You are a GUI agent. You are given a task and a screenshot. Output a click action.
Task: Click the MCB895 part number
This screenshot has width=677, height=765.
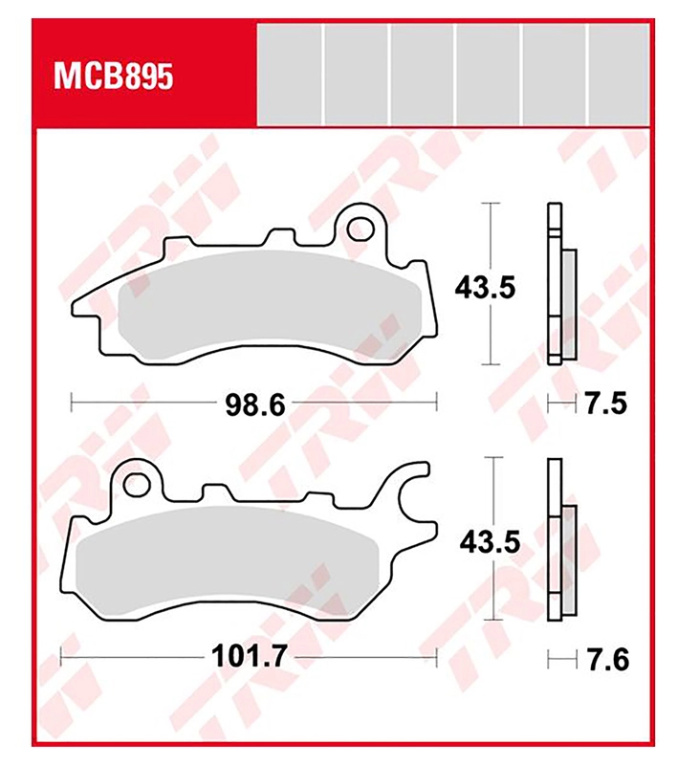coord(113,76)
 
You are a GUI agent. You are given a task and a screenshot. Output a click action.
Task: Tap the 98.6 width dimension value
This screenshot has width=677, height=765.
coord(255,404)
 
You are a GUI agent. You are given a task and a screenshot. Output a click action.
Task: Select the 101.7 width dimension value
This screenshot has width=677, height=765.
coord(249,657)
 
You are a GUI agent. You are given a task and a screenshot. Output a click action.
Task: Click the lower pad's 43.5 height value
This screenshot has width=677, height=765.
coord(490,542)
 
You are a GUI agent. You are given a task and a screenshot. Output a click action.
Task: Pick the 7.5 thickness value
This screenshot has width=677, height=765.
coord(606,404)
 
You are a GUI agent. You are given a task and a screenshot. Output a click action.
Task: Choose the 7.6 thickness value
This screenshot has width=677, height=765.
coord(608,660)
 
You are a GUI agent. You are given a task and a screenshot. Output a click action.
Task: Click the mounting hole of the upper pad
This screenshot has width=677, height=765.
coord(359,228)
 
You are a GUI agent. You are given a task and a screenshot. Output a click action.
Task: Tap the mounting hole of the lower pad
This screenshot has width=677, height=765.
coord(136,485)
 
